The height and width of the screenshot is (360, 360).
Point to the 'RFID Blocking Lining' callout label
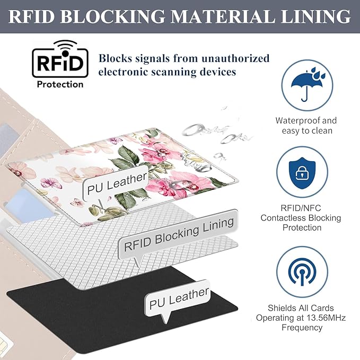(178, 234)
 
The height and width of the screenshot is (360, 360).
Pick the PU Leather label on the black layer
(179, 298)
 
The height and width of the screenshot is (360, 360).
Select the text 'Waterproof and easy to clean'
(306, 125)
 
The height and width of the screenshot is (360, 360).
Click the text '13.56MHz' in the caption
(318, 318)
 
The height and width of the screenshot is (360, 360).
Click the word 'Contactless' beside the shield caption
(297, 218)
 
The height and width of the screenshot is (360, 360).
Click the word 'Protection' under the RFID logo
(60, 84)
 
